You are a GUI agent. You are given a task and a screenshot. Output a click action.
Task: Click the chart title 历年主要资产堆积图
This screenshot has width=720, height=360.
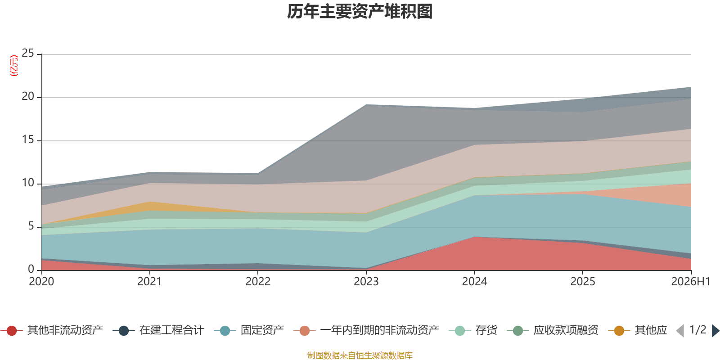(x=360, y=12)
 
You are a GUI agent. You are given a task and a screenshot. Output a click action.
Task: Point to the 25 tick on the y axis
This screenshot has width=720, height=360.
(x=28, y=53)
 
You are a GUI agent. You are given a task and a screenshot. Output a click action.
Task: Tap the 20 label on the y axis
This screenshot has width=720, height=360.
(x=28, y=96)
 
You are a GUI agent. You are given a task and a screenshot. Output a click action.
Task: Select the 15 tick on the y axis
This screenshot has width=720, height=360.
(x=28, y=139)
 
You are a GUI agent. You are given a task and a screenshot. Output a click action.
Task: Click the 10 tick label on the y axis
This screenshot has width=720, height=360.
(x=28, y=183)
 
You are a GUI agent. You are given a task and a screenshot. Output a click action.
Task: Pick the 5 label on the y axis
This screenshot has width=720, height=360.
(x=31, y=226)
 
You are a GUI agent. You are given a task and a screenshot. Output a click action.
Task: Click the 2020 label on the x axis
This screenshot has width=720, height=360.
(x=41, y=282)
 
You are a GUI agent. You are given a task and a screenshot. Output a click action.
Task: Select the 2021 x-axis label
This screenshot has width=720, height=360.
(x=149, y=282)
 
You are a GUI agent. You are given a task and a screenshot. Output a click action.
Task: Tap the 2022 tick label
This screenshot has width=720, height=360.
(x=258, y=282)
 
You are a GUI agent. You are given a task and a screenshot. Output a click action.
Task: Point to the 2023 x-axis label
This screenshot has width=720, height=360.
(x=366, y=282)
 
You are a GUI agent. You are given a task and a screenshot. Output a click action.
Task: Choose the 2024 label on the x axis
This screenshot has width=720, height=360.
(x=474, y=282)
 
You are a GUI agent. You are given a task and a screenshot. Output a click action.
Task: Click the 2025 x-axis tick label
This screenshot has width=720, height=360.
(x=583, y=282)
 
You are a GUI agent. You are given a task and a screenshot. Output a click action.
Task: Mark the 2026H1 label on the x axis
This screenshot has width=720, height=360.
(x=690, y=282)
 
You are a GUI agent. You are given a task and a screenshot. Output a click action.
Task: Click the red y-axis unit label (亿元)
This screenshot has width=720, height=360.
(x=14, y=66)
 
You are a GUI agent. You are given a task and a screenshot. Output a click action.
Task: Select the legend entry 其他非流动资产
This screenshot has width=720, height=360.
(x=52, y=330)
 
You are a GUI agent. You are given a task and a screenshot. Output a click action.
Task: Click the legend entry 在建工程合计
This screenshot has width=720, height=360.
(x=158, y=330)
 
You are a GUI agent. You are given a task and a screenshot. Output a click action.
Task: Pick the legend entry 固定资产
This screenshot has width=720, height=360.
(x=249, y=330)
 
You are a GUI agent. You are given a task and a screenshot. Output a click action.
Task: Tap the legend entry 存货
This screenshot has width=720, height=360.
(x=473, y=330)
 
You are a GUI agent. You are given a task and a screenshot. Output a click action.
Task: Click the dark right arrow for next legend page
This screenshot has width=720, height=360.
(x=715, y=330)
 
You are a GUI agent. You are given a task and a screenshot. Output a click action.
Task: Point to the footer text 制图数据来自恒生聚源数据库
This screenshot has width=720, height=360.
(x=360, y=355)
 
